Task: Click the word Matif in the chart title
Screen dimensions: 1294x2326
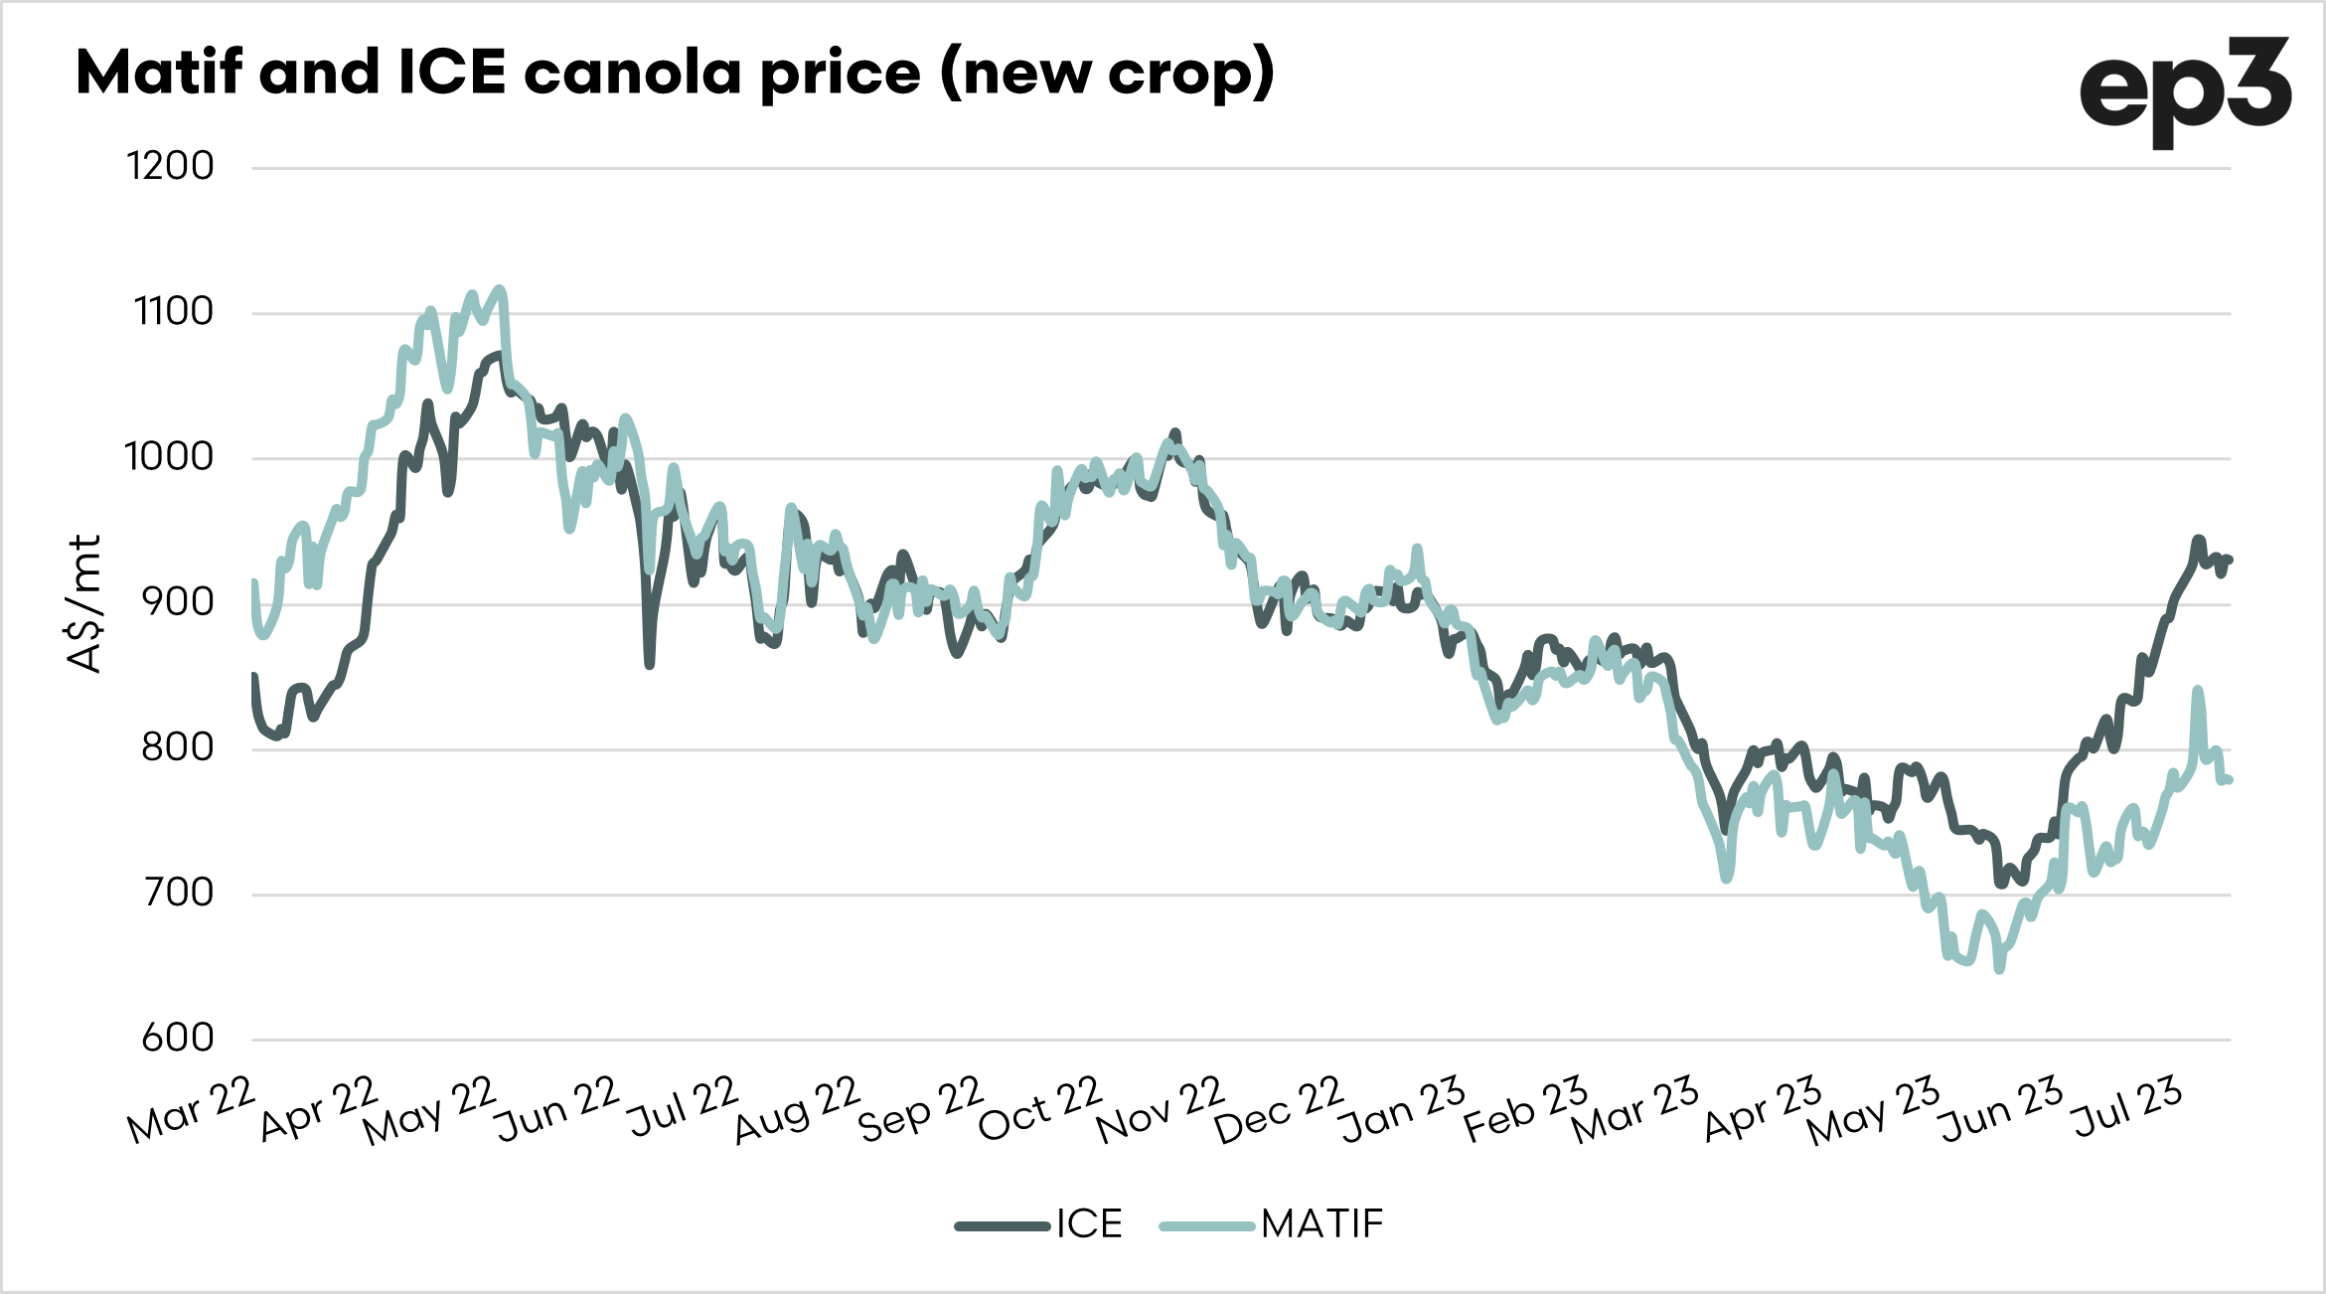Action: pyautogui.click(x=159, y=73)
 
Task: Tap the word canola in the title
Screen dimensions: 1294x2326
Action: pyautogui.click(x=632, y=73)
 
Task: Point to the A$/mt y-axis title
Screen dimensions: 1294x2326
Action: pyautogui.click(x=85, y=603)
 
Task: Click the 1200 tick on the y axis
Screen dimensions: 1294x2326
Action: pyautogui.click(x=170, y=166)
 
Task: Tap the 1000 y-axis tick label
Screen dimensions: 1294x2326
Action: pyautogui.click(x=169, y=457)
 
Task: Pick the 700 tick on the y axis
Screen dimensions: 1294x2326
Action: pyautogui.click(x=178, y=892)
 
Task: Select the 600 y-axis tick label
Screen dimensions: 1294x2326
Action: pyautogui.click(x=178, y=1039)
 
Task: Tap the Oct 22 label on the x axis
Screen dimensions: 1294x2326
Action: pyautogui.click(x=1040, y=1109)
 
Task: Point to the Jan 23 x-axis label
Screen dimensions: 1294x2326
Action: pyautogui.click(x=1402, y=1109)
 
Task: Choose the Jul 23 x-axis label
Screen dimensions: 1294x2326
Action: pyautogui.click(x=2126, y=1107)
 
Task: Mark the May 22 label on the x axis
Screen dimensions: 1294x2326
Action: pyautogui.click(x=429, y=1111)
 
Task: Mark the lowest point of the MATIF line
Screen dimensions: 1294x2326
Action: pyautogui.click(x=1999, y=969)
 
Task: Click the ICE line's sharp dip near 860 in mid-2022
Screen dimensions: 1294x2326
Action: pyautogui.click(x=650, y=664)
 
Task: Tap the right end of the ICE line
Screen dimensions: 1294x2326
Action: pyautogui.click(x=2229, y=560)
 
